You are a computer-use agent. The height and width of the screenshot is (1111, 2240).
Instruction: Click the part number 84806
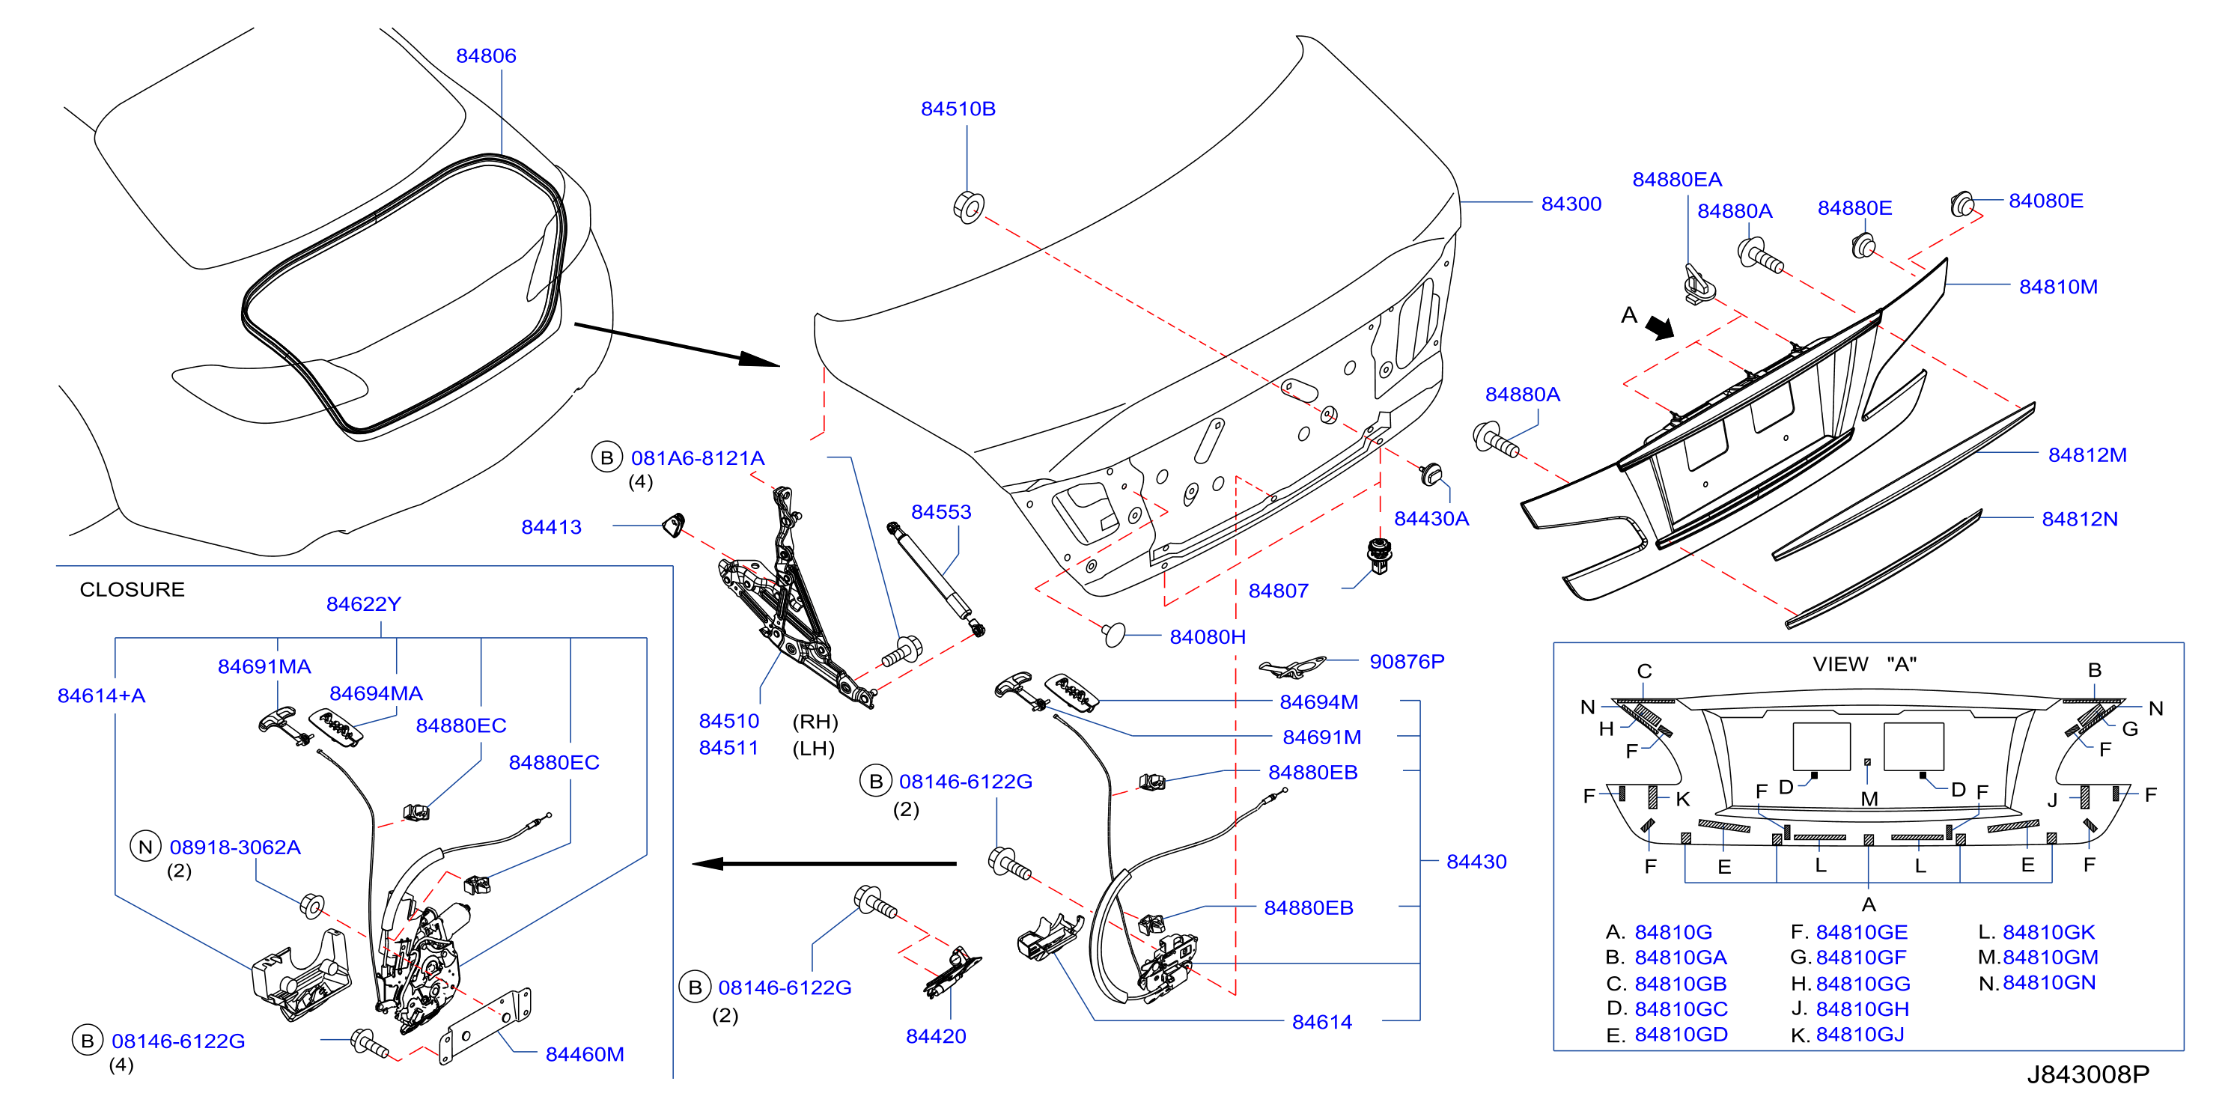pos(486,55)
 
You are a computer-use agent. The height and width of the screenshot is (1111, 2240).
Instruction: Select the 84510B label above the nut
pos(958,109)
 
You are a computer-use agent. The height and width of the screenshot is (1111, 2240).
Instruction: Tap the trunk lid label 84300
pos(1571,204)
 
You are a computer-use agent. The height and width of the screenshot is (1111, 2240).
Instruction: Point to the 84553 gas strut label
pos(941,512)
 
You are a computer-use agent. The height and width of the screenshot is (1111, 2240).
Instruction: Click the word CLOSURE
pos(133,589)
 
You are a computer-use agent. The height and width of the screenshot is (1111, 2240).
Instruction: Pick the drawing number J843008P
pos(2088,1074)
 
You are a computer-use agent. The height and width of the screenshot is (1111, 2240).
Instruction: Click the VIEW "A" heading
pos(1864,664)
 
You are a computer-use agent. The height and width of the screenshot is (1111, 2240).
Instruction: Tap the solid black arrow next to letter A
pos(1659,327)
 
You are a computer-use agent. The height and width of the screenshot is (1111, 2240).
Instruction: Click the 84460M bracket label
pos(585,1055)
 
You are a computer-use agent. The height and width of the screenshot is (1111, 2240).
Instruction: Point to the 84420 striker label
pos(936,1036)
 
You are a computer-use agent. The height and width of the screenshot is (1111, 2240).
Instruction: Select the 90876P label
pos(1407,662)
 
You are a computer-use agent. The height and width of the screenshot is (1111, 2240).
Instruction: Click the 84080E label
pos(2045,201)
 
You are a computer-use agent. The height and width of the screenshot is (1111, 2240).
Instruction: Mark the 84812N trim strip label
pos(2079,519)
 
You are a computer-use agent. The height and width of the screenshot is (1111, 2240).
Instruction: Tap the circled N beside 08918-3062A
pos(145,847)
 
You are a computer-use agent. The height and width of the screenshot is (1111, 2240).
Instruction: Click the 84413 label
pos(551,527)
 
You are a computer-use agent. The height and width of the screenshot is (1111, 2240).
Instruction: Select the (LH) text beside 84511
pos(813,749)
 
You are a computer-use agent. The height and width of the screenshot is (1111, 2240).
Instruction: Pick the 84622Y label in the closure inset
pos(364,604)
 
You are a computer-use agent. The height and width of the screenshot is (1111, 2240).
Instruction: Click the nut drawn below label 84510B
pos(969,207)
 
